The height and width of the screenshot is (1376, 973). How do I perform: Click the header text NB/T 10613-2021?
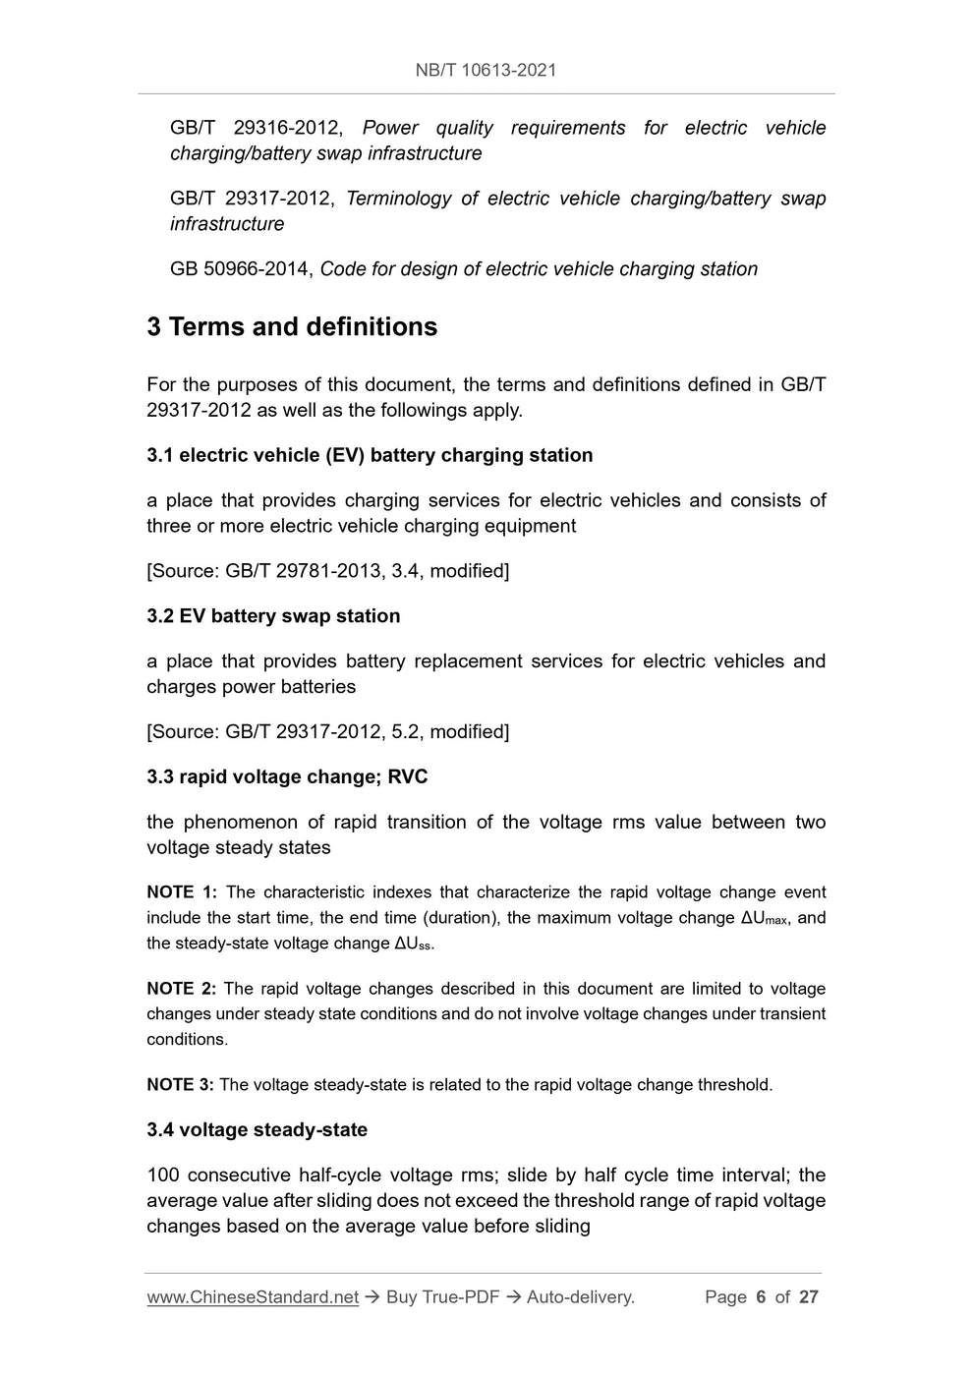tap(486, 70)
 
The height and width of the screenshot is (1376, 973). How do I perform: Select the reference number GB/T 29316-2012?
tap(256, 128)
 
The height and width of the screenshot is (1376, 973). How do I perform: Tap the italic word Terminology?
tap(398, 199)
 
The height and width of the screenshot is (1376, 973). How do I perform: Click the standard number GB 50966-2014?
tap(240, 269)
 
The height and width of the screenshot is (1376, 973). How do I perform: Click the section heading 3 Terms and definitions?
tap(292, 327)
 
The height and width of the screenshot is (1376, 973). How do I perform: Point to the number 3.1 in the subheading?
tap(159, 455)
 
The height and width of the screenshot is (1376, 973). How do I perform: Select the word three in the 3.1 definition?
tap(168, 526)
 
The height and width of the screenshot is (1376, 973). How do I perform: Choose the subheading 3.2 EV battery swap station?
tap(273, 616)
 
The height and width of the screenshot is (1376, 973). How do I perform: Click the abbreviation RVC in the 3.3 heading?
tap(408, 777)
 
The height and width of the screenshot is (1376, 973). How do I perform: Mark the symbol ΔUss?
tap(413, 945)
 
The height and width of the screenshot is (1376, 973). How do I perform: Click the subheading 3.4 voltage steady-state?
tap(257, 1130)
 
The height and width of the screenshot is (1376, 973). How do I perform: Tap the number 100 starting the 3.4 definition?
tap(162, 1175)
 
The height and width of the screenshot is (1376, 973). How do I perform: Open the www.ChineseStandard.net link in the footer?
tap(253, 1297)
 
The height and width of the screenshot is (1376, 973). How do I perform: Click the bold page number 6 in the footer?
tap(761, 1297)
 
